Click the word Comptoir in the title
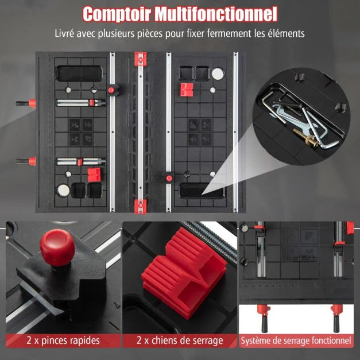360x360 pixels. [117, 14]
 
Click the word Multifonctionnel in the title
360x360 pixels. [216, 14]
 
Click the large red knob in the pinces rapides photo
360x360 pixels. [57, 247]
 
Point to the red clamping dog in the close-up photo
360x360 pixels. [184, 273]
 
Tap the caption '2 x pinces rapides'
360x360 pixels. [63, 340]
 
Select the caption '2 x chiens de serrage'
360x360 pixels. [180, 340]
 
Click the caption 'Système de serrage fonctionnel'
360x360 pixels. [296, 340]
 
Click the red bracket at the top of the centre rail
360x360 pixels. [140, 59]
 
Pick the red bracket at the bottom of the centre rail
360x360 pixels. [140, 206]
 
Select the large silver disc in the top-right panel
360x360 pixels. [218, 73]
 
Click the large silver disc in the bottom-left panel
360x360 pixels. [64, 190]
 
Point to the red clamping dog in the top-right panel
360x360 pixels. [187, 90]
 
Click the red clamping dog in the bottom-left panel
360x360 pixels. [94, 175]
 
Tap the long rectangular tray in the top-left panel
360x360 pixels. [79, 73]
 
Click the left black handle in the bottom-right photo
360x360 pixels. [264, 324]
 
